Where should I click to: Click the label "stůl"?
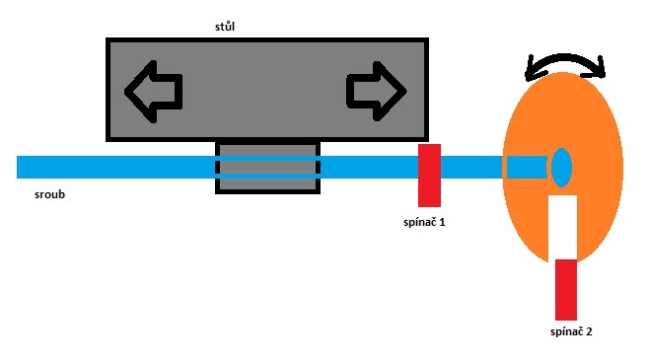click(x=225, y=27)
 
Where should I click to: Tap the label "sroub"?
click(x=50, y=194)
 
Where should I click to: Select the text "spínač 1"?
click(x=424, y=223)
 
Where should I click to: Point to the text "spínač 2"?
click(x=571, y=331)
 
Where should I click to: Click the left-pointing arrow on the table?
click(x=153, y=92)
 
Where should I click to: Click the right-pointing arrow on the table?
click(x=377, y=92)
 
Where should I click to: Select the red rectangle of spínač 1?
click(x=429, y=176)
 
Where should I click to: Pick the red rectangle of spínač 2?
click(x=566, y=290)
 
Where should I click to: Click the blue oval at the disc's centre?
click(x=561, y=168)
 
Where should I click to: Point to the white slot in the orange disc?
click(x=562, y=228)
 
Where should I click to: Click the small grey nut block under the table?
click(x=268, y=168)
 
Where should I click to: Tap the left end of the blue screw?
click(x=18, y=168)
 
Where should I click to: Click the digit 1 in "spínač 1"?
click(x=443, y=223)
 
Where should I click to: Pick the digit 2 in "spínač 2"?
click(x=589, y=331)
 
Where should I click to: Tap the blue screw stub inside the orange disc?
click(x=527, y=168)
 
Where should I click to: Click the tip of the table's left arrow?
click(x=125, y=92)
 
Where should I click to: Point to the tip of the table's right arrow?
click(x=406, y=91)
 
